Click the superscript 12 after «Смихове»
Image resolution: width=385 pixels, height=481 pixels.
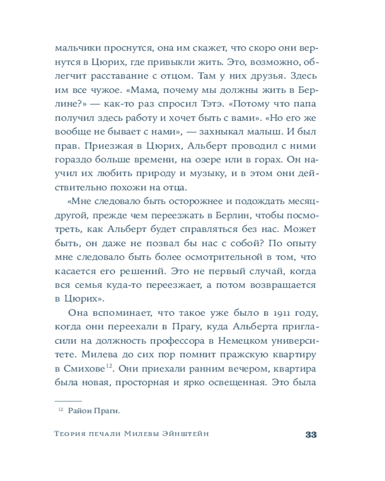109,366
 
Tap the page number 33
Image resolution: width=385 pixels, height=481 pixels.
311,435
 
